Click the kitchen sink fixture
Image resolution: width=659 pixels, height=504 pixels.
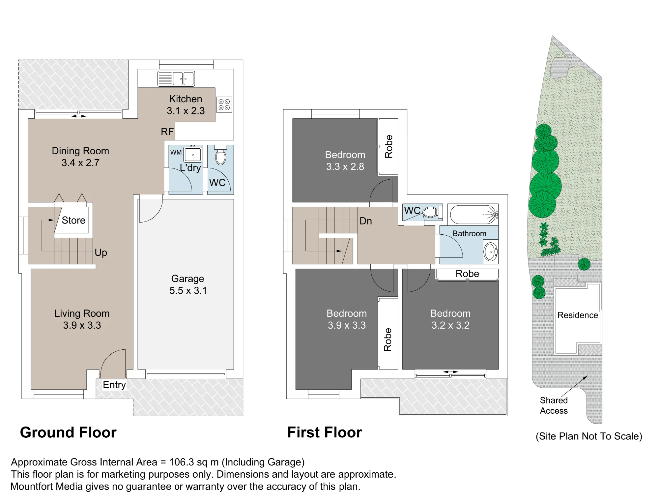[x=176, y=79]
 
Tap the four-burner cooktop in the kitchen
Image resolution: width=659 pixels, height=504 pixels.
[x=224, y=104]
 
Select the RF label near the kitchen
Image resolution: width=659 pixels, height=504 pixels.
[x=167, y=132]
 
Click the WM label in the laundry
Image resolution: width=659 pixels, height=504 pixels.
[x=176, y=152]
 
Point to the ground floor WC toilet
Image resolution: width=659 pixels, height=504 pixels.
[x=221, y=155]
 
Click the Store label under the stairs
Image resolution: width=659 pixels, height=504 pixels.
[x=73, y=220]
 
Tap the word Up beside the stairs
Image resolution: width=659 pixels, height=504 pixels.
[x=101, y=253]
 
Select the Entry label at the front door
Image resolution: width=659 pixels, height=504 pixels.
[x=114, y=385]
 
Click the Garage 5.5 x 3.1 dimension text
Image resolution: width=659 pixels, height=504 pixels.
[x=188, y=290]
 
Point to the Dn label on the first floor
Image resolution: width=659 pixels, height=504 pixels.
[x=366, y=221]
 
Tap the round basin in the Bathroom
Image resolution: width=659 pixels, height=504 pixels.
[x=491, y=252]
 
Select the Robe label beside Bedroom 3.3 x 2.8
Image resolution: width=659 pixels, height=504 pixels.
[x=389, y=146]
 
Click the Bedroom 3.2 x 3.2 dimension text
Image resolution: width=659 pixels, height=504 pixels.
[x=450, y=325]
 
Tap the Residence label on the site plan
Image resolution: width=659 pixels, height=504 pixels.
[x=578, y=315]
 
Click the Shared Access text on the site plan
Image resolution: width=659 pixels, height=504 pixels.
[x=554, y=405]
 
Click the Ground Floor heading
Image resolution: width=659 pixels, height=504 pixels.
[x=68, y=432]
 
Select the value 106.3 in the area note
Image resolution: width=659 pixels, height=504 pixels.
[x=182, y=462]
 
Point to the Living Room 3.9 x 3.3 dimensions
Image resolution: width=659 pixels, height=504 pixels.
[x=82, y=325]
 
